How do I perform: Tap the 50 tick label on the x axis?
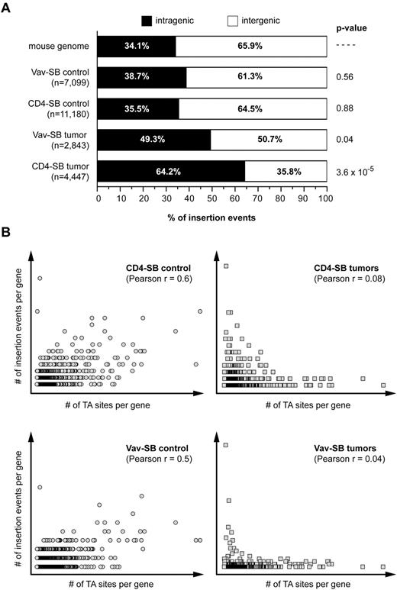212,198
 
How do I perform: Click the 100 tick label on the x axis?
326,198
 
